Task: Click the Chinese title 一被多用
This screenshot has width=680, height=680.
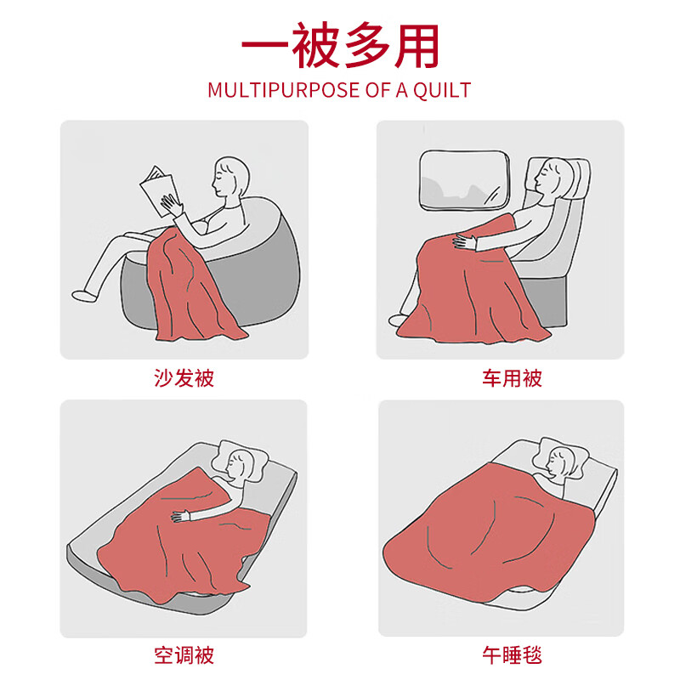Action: tap(341, 46)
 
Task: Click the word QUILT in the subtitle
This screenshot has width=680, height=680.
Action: tap(441, 90)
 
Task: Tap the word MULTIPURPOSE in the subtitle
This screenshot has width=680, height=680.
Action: tap(284, 90)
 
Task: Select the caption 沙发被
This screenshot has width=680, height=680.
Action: tap(184, 378)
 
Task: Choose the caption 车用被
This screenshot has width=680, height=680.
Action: tap(513, 378)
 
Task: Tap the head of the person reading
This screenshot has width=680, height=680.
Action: tap(230, 178)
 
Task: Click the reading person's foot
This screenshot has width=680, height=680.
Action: tap(84, 296)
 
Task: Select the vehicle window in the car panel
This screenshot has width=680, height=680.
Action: tap(464, 180)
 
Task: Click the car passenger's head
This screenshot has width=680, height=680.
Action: tap(554, 177)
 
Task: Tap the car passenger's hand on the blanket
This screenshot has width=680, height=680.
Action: tap(465, 241)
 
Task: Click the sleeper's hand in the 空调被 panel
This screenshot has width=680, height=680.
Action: tap(180, 516)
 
